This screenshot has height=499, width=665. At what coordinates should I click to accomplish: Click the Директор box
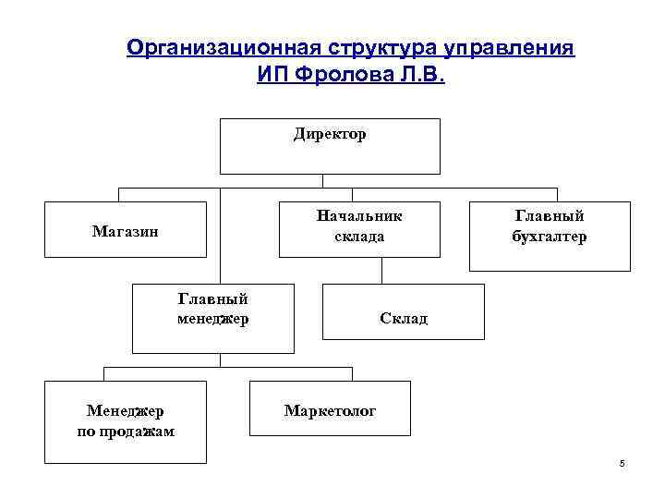tap(330, 146)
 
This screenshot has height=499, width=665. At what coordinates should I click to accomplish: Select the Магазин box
tap(125, 230)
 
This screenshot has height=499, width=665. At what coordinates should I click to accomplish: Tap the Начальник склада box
tap(359, 227)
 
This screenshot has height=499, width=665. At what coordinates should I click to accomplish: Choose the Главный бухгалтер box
tap(550, 236)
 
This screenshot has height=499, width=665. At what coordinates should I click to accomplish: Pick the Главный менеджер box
tap(212, 319)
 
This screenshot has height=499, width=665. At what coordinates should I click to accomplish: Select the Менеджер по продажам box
tap(125, 421)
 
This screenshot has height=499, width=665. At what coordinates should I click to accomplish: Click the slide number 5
tap(622, 463)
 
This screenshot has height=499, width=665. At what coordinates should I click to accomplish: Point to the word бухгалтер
tap(550, 237)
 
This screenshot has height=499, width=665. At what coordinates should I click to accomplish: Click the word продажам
tap(125, 432)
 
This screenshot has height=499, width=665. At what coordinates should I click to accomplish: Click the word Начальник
tap(359, 217)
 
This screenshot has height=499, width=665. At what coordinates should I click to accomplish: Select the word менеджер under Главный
tap(212, 320)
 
